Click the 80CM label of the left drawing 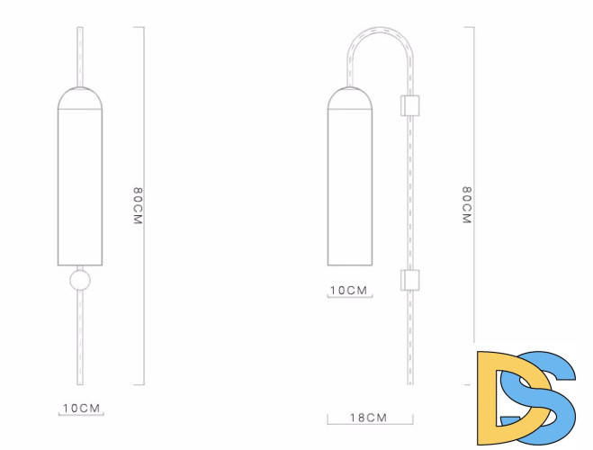[x=138, y=206]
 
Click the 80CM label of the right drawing [x=467, y=205]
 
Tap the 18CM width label [x=369, y=418]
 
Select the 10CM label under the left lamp [x=81, y=409]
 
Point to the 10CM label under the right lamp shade [x=348, y=291]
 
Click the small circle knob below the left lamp [x=80, y=280]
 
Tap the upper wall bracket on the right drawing [x=410, y=105]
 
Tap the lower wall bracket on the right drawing [x=410, y=280]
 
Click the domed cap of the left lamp [x=80, y=98]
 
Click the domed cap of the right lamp [x=350, y=98]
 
